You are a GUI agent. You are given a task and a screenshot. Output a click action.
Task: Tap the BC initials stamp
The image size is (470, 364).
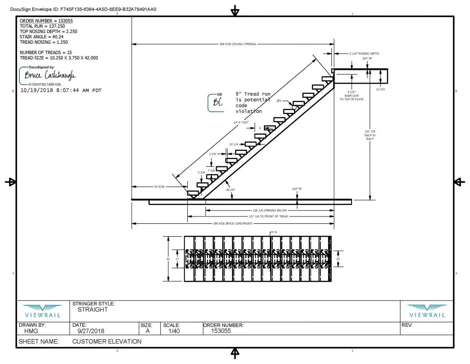216,103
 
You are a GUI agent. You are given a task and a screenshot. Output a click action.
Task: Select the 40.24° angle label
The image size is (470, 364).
230,189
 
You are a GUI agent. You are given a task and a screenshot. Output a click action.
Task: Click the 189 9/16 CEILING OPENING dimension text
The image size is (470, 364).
238,44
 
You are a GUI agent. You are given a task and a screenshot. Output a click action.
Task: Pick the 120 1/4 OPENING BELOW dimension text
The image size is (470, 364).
270,210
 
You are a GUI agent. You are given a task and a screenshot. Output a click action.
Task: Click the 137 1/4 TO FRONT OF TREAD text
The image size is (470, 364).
269,216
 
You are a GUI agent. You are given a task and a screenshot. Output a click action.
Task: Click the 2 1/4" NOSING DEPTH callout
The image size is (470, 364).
364,54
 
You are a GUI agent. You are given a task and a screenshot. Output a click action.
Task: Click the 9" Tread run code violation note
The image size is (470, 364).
253,102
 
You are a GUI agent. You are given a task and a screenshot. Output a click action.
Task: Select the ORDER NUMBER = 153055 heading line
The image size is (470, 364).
46,21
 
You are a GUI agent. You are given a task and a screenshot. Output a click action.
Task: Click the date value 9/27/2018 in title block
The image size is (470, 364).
87,330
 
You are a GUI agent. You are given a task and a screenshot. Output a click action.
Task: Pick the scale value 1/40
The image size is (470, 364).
173,330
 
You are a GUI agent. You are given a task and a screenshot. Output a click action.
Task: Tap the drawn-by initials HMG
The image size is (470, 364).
32,330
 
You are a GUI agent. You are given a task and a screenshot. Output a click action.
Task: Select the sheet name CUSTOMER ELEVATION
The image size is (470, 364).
106,341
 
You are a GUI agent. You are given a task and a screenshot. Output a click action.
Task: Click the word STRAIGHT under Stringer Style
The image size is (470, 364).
93,309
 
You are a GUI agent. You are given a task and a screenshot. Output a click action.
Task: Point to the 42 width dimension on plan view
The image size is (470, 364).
168,259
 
